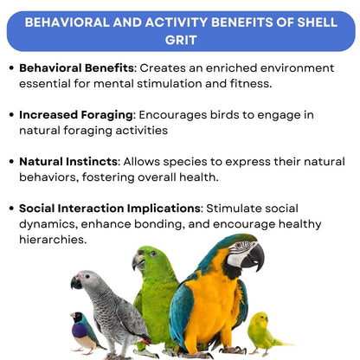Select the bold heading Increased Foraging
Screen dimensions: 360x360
76,113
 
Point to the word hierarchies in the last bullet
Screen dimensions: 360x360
53,240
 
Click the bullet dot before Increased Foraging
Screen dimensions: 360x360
10,113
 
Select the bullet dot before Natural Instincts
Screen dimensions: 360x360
10,162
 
